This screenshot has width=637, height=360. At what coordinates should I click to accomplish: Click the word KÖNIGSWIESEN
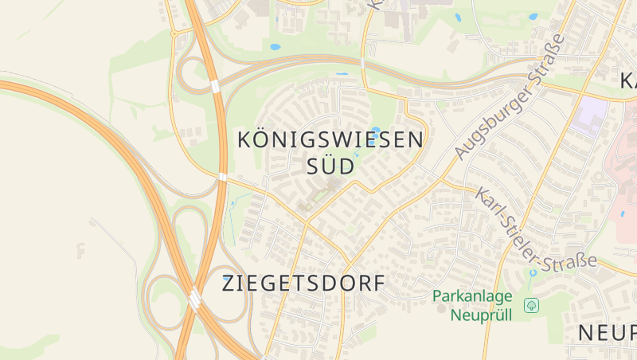[x=330, y=140]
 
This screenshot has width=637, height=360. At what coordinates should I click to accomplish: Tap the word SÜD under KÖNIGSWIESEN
[x=330, y=167]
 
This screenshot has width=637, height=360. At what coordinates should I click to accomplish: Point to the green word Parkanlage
[x=472, y=296]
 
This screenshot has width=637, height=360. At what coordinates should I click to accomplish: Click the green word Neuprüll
[x=481, y=314]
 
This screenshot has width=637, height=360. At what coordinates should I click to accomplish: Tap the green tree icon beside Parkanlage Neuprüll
[x=531, y=305]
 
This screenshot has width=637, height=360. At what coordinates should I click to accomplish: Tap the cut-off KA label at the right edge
[x=627, y=81]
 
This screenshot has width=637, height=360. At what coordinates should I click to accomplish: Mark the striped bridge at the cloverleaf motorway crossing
[x=194, y=298]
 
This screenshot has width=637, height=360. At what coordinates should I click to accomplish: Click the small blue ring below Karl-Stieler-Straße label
[x=532, y=273]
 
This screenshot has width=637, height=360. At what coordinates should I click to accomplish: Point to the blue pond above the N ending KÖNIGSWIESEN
[x=376, y=129]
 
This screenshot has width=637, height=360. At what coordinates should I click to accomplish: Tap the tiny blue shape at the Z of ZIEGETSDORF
[x=228, y=276]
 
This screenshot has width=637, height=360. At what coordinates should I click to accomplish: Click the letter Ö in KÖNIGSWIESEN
[x=266, y=139]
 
